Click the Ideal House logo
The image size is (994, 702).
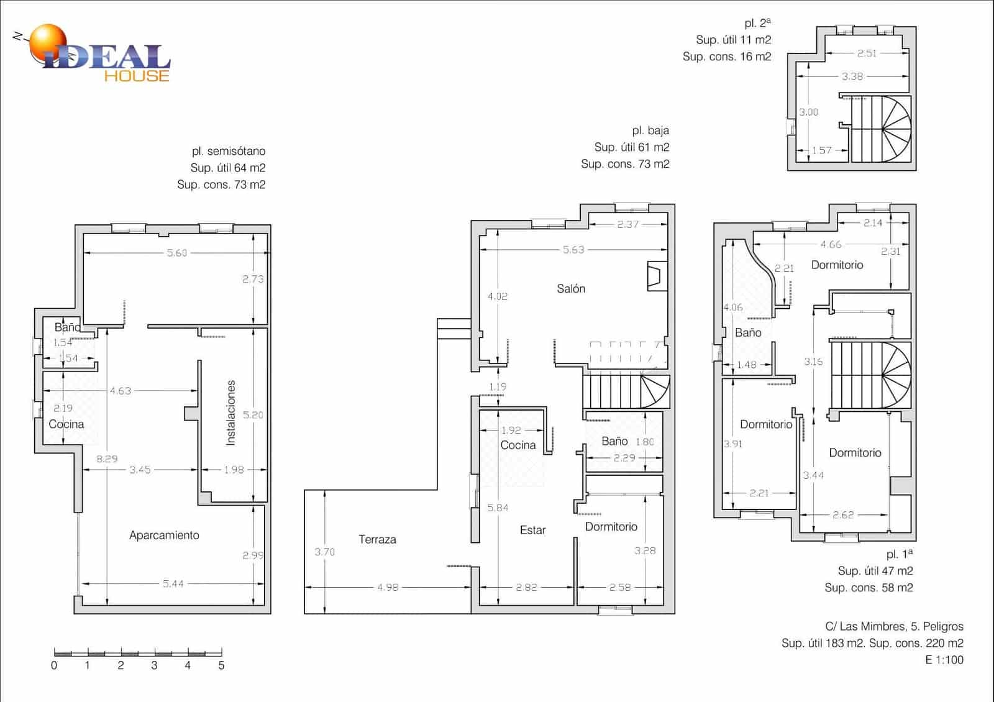93,53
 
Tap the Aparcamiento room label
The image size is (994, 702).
164,535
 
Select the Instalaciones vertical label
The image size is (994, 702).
230,413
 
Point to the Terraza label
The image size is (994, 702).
377,539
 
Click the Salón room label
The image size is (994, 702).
571,288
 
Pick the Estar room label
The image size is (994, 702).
532,530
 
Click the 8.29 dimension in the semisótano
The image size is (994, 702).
107,459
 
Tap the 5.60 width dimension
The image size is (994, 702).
176,253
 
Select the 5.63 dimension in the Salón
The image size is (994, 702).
573,250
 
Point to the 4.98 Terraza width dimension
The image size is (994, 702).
388,587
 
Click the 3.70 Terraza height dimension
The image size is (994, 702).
324,552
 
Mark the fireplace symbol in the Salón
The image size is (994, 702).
657,276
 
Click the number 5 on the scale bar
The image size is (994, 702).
221,665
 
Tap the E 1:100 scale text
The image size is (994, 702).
944,660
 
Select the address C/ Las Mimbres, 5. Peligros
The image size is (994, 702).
894,626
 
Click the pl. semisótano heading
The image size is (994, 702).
229,152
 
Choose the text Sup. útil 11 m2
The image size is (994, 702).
734,40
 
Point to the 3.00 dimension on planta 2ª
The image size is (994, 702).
808,112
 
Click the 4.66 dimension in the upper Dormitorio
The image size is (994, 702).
831,244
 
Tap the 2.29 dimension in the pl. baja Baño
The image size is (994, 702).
624,457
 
